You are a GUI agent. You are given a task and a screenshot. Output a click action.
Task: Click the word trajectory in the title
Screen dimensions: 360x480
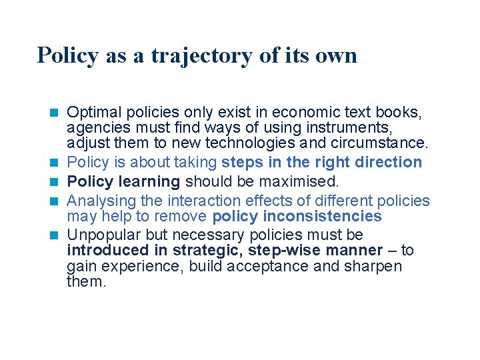pyautogui.click(x=201, y=55)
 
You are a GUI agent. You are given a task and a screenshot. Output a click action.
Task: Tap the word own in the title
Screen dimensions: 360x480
pyautogui.click(x=337, y=55)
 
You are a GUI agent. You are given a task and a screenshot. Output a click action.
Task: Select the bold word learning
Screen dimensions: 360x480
pyautogui.click(x=149, y=181)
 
